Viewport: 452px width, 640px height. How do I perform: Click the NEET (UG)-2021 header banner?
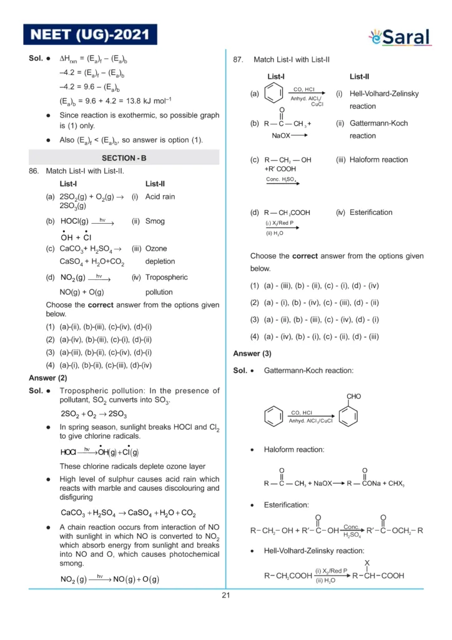(x=90, y=35)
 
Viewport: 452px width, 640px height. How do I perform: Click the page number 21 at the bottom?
(x=226, y=595)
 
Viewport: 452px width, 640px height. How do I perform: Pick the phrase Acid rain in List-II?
(x=160, y=197)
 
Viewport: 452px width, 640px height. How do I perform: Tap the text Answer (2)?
(x=48, y=378)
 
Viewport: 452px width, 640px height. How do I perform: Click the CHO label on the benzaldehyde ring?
(x=353, y=396)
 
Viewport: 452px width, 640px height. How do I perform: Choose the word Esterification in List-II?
(x=371, y=212)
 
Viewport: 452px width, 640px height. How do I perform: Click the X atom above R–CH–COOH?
(x=367, y=564)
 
